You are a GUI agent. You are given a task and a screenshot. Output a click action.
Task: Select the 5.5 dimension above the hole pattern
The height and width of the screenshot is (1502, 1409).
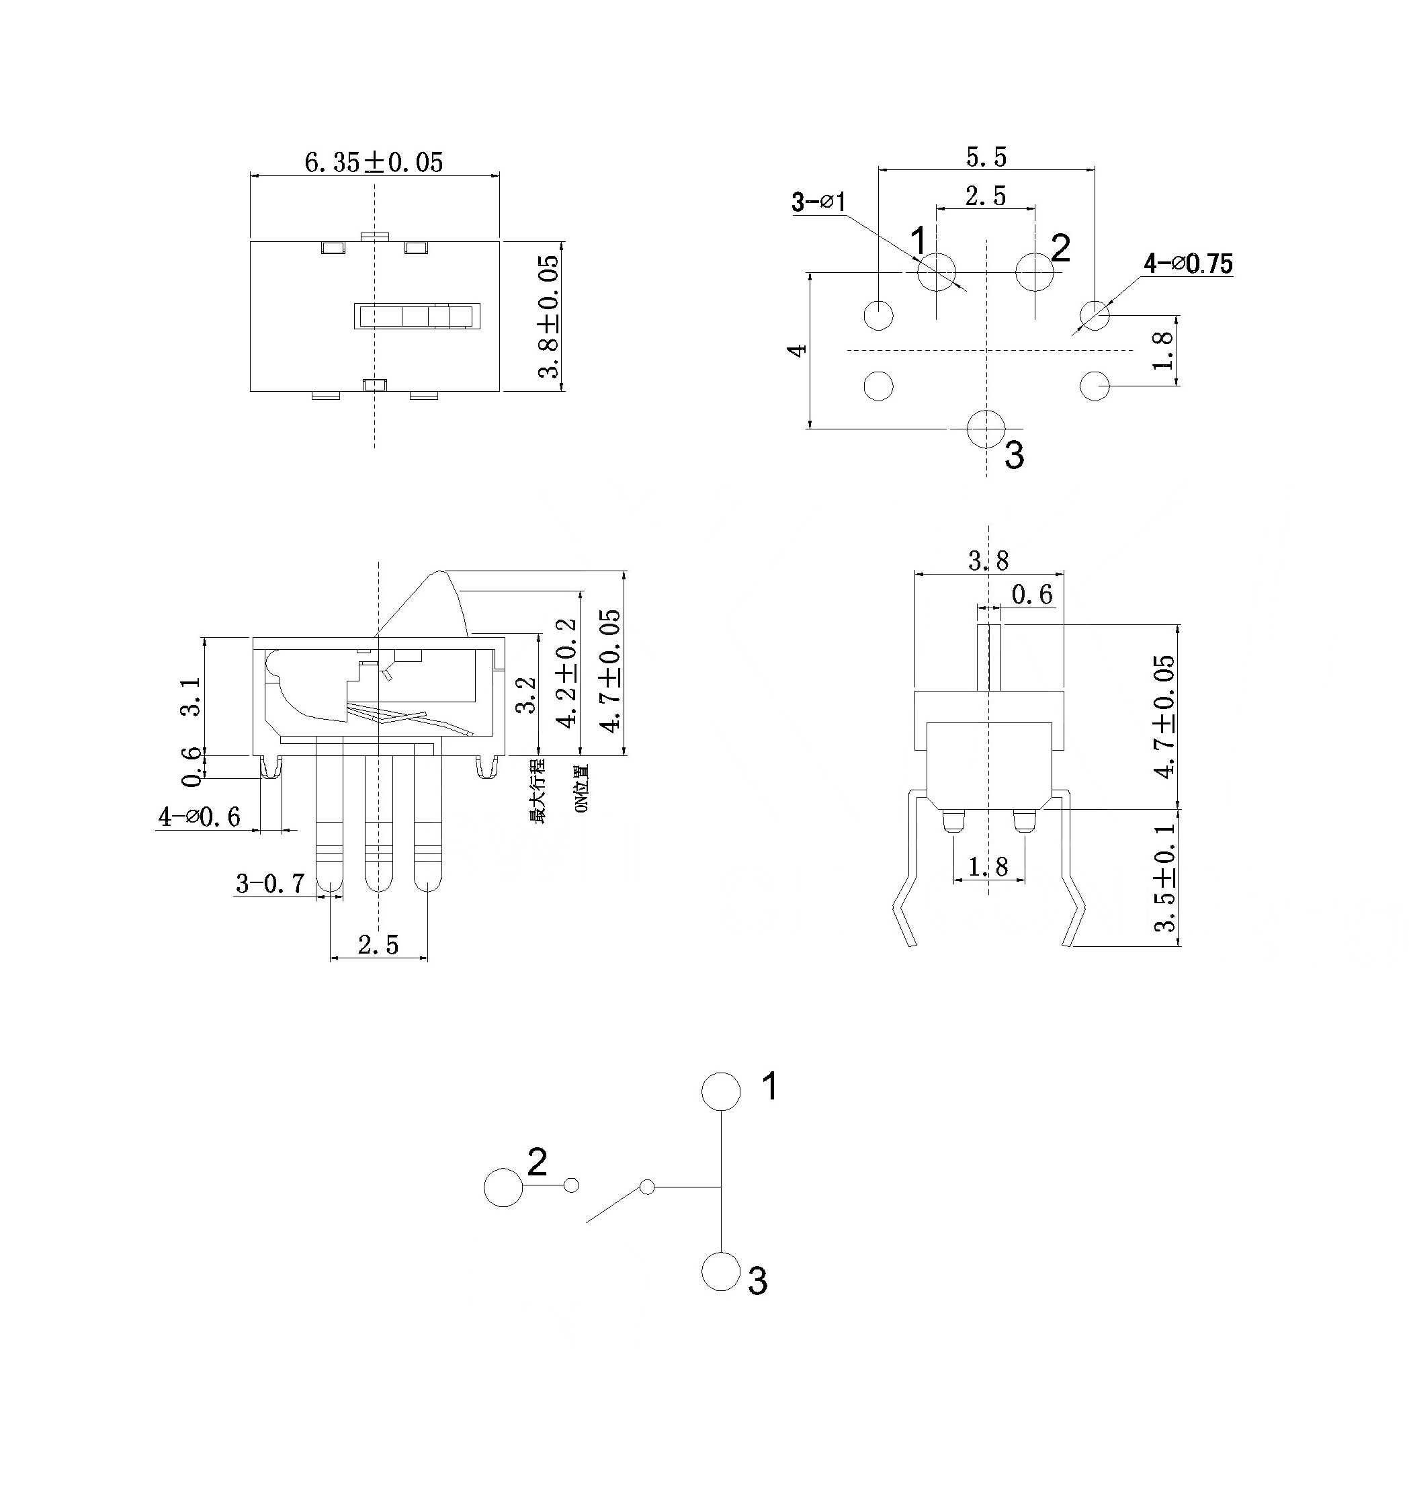tap(986, 157)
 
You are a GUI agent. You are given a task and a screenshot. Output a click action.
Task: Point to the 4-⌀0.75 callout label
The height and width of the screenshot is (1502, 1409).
tap(1188, 263)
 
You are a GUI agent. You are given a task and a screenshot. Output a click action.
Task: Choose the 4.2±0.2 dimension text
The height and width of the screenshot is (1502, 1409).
tap(566, 673)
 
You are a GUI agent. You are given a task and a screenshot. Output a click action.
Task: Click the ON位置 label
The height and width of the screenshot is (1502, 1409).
tap(581, 788)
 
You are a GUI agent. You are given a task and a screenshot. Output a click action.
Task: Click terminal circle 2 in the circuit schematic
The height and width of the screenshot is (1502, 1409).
tap(503, 1187)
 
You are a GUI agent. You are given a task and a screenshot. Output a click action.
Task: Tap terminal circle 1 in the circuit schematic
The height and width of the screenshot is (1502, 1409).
tap(721, 1091)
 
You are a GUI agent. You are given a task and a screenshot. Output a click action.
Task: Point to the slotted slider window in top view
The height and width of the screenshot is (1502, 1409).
tap(417, 316)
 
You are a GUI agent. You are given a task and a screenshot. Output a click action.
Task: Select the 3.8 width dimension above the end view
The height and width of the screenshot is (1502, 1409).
tap(988, 560)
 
